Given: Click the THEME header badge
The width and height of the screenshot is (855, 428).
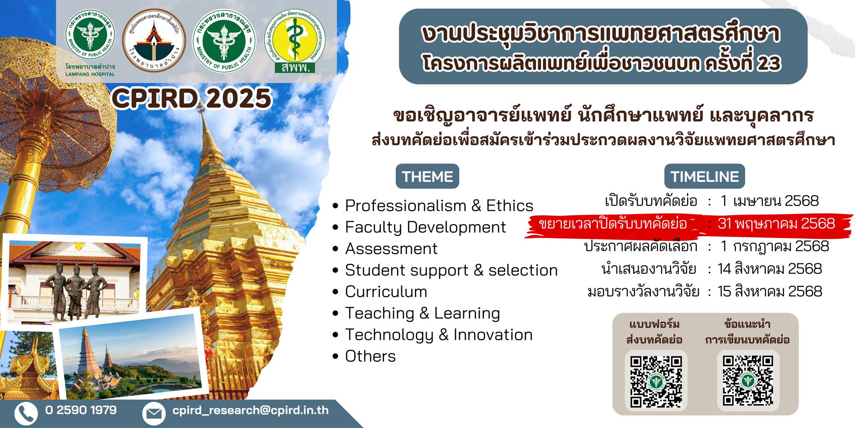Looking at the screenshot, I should point(427,176).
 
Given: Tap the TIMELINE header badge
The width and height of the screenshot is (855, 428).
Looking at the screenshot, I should point(704,176).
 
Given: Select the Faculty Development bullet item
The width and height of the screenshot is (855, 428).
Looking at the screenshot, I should point(425,227).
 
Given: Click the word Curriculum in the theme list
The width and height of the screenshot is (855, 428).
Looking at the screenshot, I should point(386,292).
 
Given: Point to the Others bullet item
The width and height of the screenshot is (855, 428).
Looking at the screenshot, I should point(370,356).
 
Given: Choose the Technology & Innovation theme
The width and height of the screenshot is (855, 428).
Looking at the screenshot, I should point(438,335).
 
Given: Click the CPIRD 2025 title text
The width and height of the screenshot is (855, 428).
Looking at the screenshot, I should point(192,99).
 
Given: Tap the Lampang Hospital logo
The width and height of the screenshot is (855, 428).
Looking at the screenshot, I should point(90,42).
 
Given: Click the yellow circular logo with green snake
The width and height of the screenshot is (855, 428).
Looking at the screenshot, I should point(295,41).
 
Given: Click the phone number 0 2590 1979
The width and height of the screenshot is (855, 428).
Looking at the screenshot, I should point(81,410).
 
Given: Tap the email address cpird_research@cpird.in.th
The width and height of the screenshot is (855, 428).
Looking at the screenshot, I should point(250,410).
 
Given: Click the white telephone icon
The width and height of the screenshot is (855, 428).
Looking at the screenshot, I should point(26,413).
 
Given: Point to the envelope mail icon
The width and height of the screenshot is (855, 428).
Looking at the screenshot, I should point(153,413).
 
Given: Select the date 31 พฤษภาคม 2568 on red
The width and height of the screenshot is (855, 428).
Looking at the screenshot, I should point(776,224).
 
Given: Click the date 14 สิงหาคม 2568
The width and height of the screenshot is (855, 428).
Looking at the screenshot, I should point(769,269).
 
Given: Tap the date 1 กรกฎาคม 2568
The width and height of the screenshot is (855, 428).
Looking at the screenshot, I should point(775,247).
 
